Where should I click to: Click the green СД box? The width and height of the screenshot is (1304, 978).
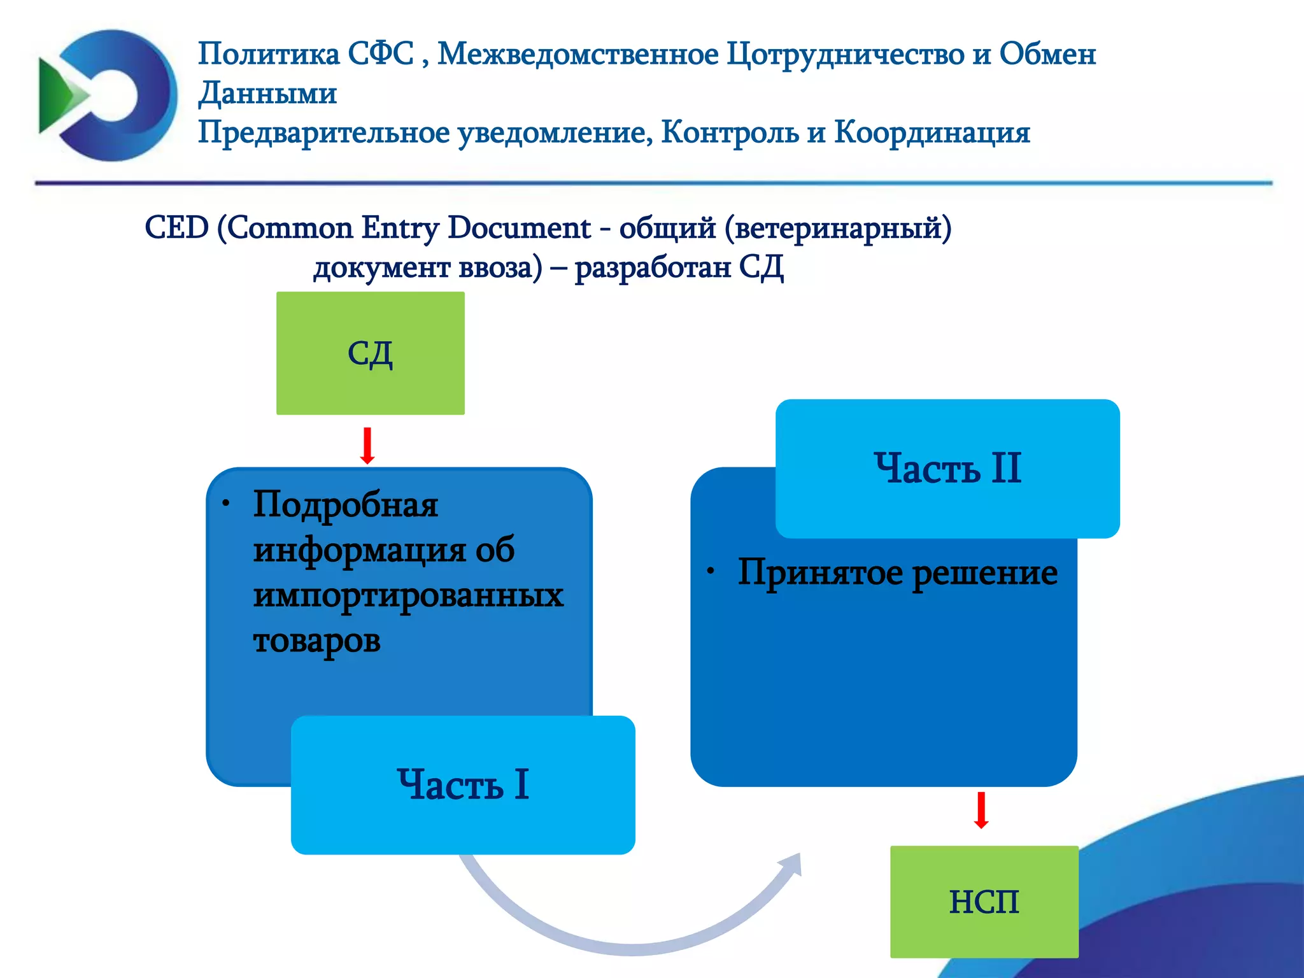(370, 353)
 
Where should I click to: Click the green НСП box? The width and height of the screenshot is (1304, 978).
(984, 902)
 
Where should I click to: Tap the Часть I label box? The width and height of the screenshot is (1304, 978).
(463, 784)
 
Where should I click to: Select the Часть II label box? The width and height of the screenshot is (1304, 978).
(947, 468)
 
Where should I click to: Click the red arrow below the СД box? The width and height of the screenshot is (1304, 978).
(367, 446)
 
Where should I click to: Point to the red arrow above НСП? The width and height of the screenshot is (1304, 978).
(981, 810)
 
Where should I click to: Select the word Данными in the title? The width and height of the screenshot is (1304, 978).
(267, 93)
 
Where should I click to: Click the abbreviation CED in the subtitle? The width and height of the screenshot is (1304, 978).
(176, 227)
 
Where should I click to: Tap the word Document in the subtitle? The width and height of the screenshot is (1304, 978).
(519, 227)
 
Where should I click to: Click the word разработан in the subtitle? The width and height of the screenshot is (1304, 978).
(653, 267)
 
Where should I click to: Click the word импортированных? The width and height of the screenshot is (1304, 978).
(408, 596)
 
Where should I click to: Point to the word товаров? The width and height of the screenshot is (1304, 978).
(316, 641)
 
